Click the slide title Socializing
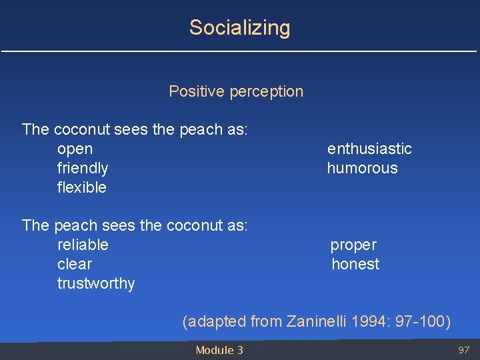(x=239, y=28)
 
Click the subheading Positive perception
(x=236, y=91)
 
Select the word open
(x=75, y=149)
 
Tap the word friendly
(x=83, y=168)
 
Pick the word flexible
(x=82, y=187)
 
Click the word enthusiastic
(x=369, y=149)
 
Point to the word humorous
(x=362, y=168)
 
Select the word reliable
(x=83, y=245)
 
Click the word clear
(x=75, y=264)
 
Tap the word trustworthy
(x=96, y=283)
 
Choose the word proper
(x=353, y=245)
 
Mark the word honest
(x=355, y=264)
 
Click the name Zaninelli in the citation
(x=316, y=322)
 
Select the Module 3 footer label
(x=219, y=350)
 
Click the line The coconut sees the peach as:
(x=135, y=129)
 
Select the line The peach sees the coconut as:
(x=135, y=225)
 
